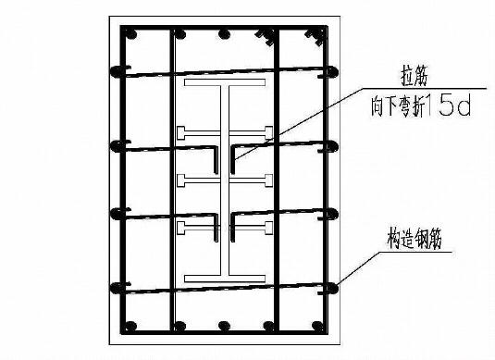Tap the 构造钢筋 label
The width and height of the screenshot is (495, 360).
(415, 238)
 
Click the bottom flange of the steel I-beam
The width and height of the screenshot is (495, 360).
(225, 277)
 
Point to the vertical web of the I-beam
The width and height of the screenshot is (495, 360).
(225, 185)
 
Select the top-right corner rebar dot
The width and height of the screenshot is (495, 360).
(320, 36)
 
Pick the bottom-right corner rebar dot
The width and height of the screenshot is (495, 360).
(320, 326)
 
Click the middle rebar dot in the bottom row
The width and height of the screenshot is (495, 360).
(225, 326)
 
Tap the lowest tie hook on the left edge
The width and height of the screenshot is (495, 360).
(117, 286)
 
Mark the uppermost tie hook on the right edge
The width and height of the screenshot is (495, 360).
(331, 70)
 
